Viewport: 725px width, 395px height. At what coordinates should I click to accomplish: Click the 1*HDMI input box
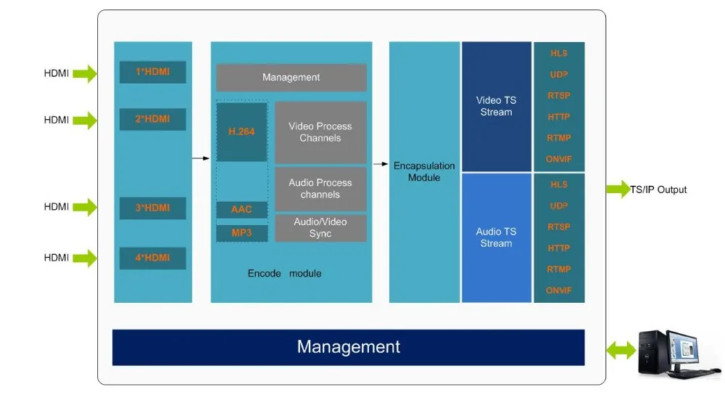tap(152, 72)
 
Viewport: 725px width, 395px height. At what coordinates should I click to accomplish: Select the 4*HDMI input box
tap(152, 258)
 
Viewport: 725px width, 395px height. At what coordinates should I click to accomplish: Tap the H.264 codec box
tap(242, 131)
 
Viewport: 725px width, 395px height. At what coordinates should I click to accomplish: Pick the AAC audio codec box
tap(242, 209)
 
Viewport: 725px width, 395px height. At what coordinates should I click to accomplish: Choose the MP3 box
tap(242, 233)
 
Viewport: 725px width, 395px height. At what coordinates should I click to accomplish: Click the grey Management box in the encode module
tap(291, 78)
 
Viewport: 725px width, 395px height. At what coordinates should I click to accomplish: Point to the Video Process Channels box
tap(320, 132)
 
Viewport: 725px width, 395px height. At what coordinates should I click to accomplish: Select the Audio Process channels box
tap(320, 189)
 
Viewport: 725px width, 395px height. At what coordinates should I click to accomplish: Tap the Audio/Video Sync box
tap(320, 227)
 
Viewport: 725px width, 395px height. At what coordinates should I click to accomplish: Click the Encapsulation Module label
tap(424, 172)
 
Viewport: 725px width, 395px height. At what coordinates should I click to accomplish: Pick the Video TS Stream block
tap(496, 107)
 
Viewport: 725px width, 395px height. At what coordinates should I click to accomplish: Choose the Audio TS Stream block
tap(496, 237)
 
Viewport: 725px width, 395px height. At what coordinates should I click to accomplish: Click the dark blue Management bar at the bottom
tap(348, 347)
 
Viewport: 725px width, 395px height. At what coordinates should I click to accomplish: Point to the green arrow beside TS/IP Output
tap(618, 189)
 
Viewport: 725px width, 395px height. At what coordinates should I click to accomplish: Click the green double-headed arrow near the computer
tap(621, 350)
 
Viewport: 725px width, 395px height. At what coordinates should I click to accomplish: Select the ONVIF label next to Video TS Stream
tap(558, 159)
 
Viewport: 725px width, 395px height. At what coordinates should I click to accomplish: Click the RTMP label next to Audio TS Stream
tap(558, 269)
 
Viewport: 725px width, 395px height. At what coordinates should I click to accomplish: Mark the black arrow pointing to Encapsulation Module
tap(381, 164)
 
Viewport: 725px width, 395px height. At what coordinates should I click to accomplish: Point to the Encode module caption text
tap(284, 273)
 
